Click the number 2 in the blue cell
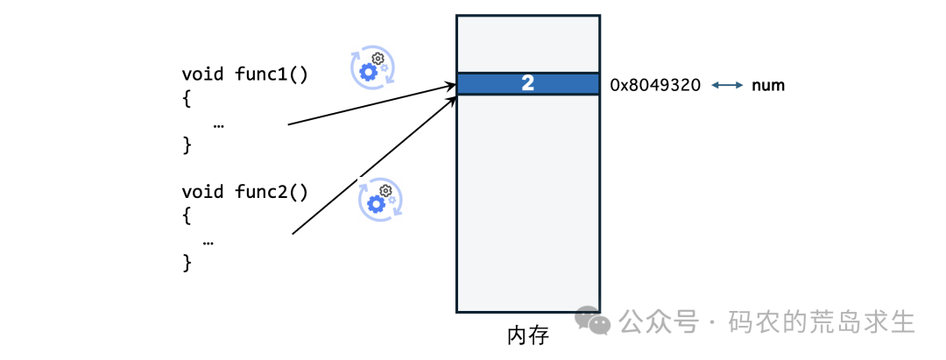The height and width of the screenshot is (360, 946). [527, 84]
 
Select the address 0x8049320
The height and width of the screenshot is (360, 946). [655, 86]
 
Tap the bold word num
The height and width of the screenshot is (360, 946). [768, 86]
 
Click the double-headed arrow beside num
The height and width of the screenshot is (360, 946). [727, 86]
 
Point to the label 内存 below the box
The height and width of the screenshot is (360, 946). [527, 335]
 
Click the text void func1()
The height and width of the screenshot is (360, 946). [244, 74]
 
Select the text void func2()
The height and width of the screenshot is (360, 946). [244, 192]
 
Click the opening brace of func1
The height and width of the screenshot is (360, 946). [187, 99]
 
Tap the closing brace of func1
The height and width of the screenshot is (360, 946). [187, 145]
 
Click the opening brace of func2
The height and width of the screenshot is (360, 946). [187, 215]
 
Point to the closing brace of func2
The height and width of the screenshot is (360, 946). [187, 261]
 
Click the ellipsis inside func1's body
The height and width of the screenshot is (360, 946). [218, 124]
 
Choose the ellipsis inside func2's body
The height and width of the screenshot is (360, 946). [208, 239]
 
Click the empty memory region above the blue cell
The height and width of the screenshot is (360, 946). [527, 44]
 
